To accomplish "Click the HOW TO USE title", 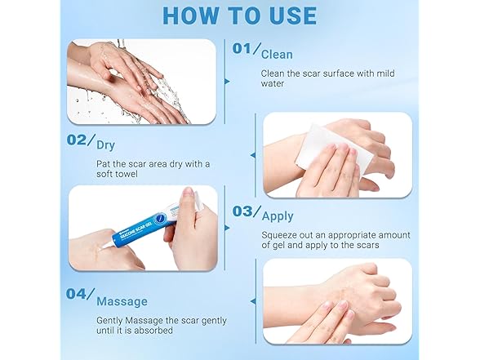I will click(239, 16).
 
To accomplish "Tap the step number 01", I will click(242, 49).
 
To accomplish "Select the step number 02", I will click(78, 140).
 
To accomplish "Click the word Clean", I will click(277, 54).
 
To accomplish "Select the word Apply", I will click(278, 217).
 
